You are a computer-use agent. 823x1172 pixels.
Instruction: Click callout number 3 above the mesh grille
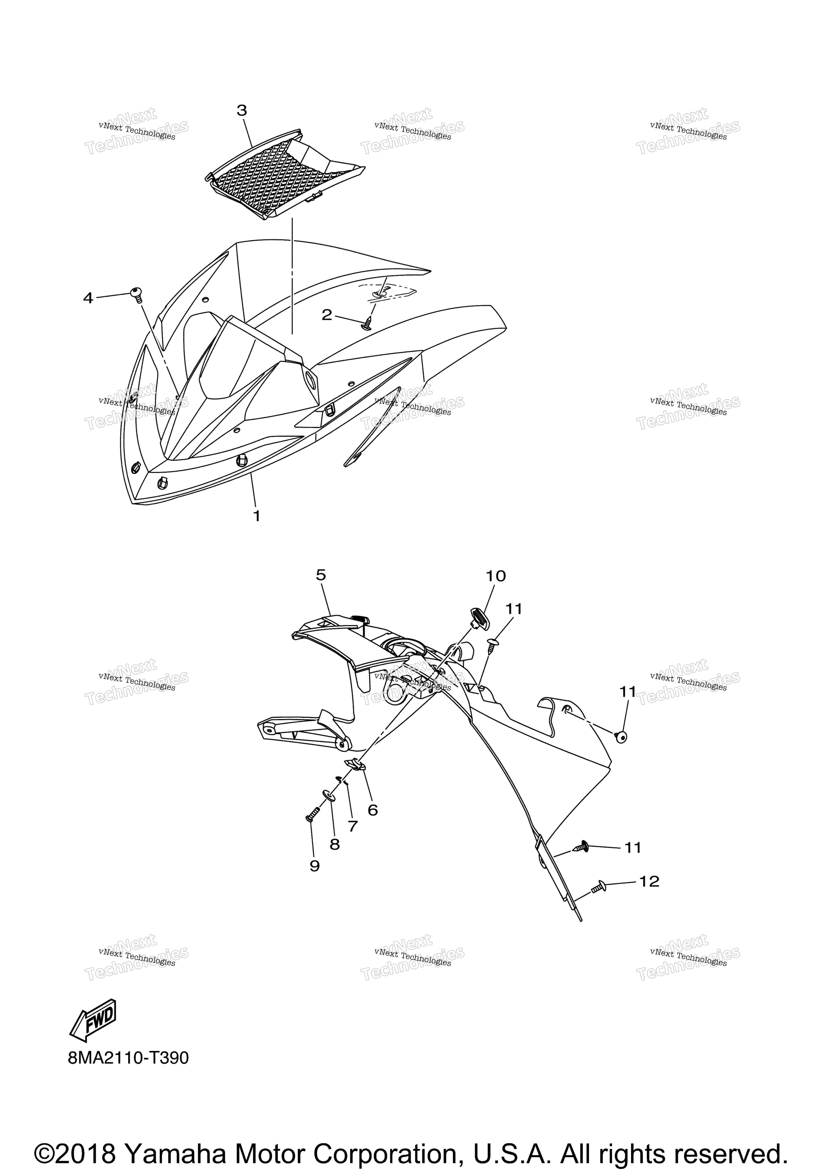coord(242,110)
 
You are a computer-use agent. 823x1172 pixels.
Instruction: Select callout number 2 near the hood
coord(327,315)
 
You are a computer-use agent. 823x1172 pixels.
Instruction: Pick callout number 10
coord(495,576)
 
